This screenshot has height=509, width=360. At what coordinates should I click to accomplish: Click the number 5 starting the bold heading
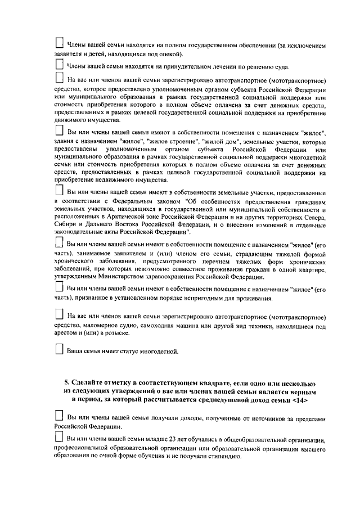[x=66, y=381]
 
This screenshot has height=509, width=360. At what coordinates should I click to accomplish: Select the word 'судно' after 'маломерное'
[x=134, y=325]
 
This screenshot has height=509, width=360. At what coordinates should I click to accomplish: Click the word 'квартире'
[x=312, y=269]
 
